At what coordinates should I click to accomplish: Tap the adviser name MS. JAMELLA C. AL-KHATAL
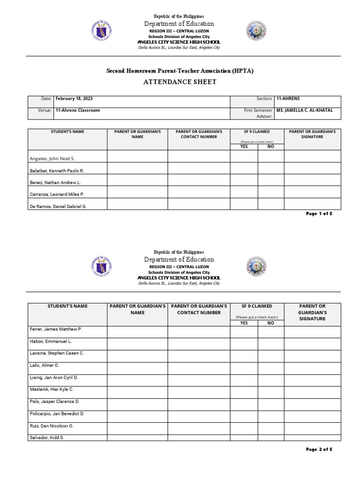point(305,111)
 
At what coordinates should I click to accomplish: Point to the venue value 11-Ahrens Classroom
point(77,111)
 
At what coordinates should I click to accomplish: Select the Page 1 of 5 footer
point(319,214)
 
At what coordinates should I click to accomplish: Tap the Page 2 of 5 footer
point(319,450)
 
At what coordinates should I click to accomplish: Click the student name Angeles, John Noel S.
point(52,159)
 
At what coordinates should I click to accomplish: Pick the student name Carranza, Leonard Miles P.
point(57,194)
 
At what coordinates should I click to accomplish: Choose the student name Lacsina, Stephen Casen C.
point(57,353)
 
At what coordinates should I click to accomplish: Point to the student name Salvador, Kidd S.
point(47,437)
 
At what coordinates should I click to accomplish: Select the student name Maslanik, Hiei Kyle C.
point(52,390)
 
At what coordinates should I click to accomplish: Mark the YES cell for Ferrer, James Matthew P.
point(244,331)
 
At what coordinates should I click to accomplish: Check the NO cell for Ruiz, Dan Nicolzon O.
point(271,427)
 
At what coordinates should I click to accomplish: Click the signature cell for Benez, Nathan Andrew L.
point(312,180)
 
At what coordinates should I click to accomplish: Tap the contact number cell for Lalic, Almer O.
point(199,368)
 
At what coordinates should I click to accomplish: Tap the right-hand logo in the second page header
point(256,267)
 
